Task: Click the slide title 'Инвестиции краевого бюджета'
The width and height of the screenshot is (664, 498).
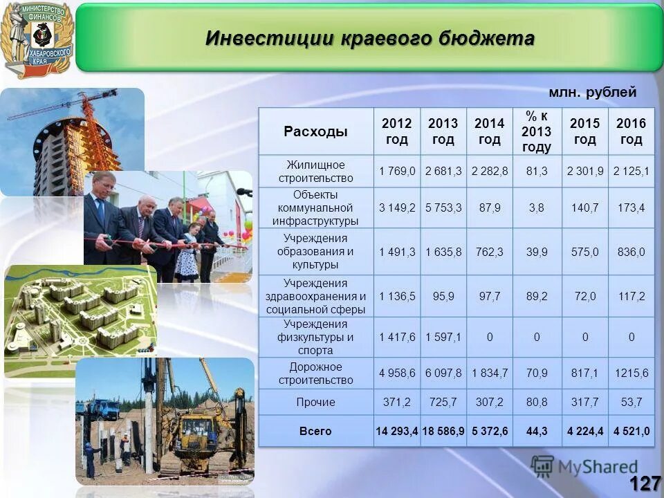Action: click(369, 38)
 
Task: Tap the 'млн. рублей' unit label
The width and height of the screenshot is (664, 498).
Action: click(592, 93)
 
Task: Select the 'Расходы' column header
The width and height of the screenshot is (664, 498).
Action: click(315, 131)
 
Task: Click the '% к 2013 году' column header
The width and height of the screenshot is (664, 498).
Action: click(536, 131)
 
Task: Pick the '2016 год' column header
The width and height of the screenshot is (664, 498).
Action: click(631, 131)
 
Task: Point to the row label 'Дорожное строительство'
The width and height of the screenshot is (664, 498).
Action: click(315, 373)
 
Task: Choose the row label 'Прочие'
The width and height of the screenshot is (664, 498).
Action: click(315, 402)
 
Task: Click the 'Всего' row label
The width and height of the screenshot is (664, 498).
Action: click(315, 431)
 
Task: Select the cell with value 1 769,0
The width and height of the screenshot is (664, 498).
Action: click(397, 171)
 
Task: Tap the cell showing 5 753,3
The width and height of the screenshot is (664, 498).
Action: click(443, 207)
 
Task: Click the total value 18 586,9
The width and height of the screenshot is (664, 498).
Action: click(443, 431)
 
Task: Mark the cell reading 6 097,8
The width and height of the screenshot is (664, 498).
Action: click(443, 373)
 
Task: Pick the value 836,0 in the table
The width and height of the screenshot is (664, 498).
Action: click(631, 252)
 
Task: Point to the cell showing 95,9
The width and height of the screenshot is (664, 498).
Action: click(443, 296)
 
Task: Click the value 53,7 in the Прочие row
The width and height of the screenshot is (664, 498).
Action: click(631, 402)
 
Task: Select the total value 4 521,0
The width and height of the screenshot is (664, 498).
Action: click(631, 431)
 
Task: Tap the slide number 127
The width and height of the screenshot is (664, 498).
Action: click(645, 483)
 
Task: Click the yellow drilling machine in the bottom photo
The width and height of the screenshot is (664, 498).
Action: click(194, 429)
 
